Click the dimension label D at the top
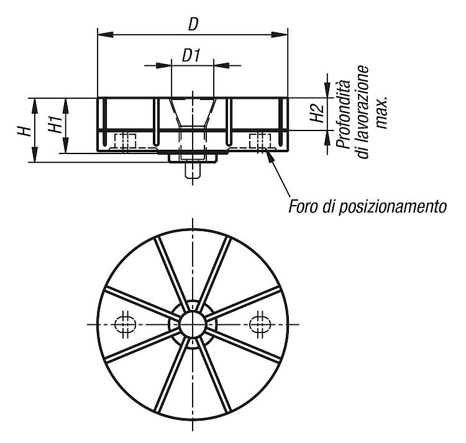click(193, 25)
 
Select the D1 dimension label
click(191, 55)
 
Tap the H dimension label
click(24, 130)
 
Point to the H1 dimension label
click(55, 125)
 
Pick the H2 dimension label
click(317, 113)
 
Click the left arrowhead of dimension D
click(106, 35)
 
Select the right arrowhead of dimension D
click(280, 35)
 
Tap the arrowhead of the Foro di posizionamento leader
click(270, 157)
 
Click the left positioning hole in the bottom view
click(126, 324)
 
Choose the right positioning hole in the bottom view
click(260, 324)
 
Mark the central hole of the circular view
click(193, 324)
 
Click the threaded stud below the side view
click(193, 170)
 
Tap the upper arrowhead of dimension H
click(35, 106)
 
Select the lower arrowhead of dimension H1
click(66, 145)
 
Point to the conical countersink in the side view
click(193, 112)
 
